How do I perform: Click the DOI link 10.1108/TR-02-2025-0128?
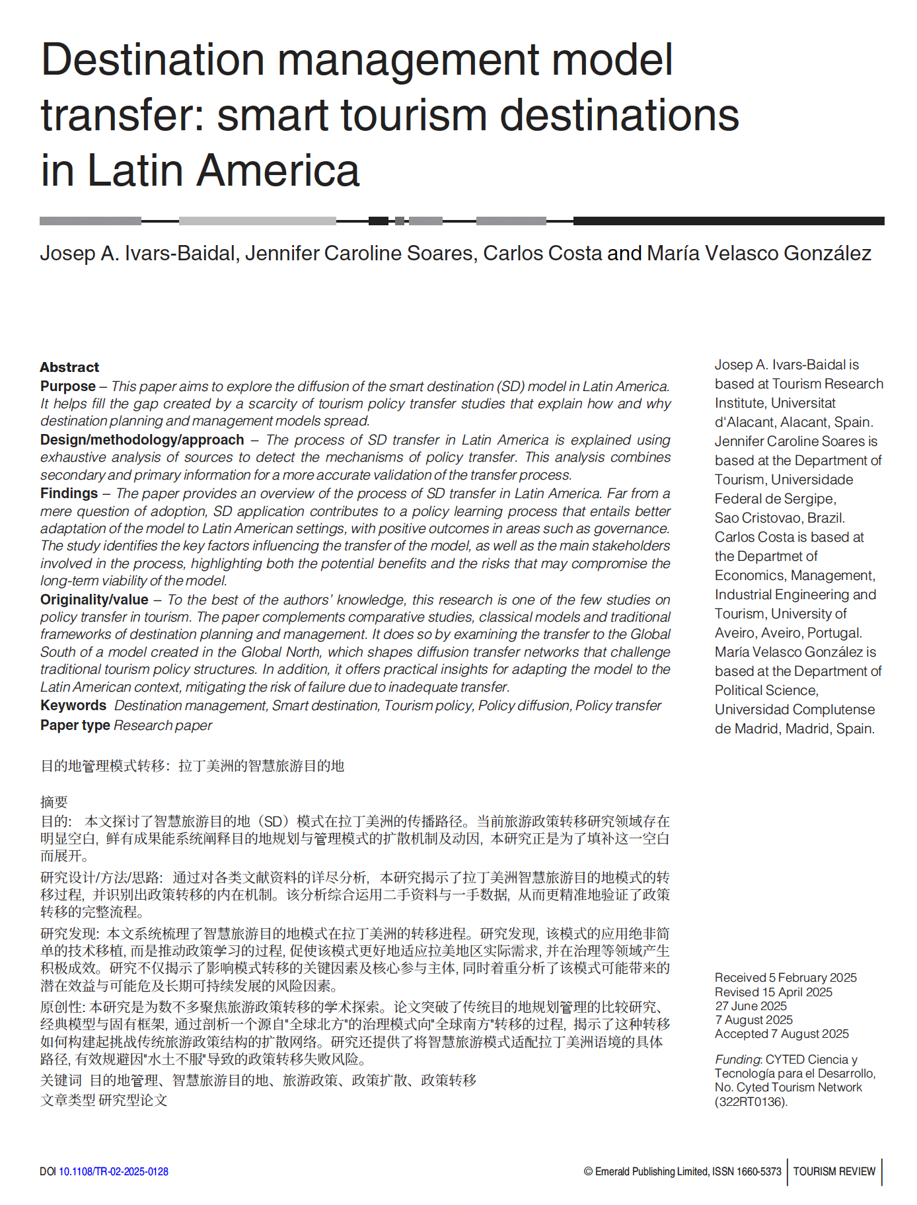114,1171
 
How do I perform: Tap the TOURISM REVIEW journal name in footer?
834,1171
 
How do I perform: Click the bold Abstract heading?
69,367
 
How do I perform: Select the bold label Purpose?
68,386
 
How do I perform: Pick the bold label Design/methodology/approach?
142,440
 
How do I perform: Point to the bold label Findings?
69,493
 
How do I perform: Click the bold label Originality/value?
94,600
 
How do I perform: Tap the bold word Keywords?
73,706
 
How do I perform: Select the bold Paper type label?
75,725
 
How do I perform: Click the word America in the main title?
278,170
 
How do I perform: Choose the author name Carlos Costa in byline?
542,253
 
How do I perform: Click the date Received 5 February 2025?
786,978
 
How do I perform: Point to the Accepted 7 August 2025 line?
782,1034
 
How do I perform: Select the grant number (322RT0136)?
751,1102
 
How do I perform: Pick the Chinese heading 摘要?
54,802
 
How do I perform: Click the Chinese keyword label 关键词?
61,1080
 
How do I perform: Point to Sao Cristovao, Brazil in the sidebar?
780,518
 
